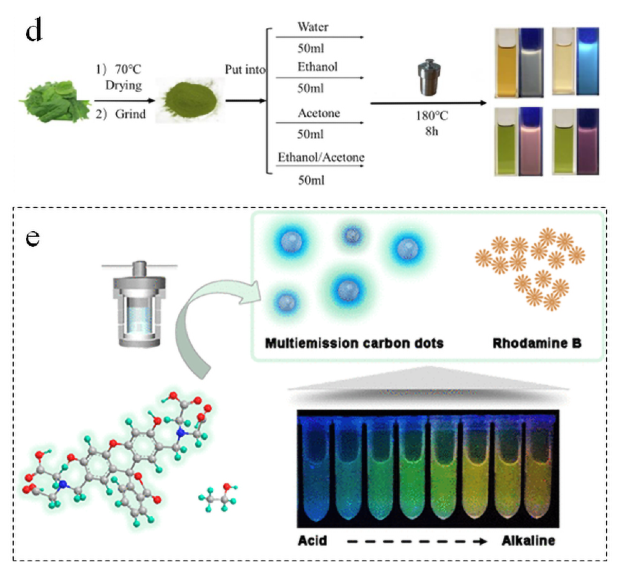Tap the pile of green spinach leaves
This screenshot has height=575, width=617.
(x=55, y=101)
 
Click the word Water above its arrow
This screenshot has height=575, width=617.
(x=313, y=27)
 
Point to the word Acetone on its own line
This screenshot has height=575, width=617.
(x=319, y=113)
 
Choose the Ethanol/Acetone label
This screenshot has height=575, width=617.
(x=321, y=157)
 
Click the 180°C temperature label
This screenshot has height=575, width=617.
(x=432, y=116)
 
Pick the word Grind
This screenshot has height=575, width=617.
(x=130, y=114)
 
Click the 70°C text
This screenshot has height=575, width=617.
(x=128, y=69)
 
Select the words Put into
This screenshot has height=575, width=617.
(x=245, y=70)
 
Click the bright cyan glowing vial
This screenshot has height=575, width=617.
(x=587, y=61)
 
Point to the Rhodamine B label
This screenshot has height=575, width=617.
(x=537, y=343)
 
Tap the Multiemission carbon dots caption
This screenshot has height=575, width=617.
(x=354, y=343)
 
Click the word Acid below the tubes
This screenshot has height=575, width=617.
(x=312, y=541)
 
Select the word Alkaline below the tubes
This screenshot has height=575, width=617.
(x=528, y=541)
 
